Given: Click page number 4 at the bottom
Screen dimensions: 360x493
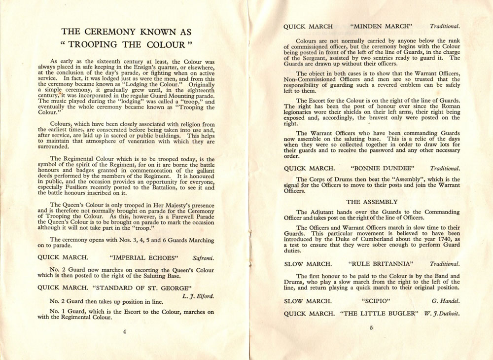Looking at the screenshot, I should pos(125,331).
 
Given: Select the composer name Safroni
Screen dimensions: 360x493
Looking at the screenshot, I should pos(203,257).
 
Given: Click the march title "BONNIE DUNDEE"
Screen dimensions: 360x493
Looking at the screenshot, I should pos(381,168).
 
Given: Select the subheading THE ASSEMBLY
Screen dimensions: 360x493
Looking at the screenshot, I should pos(372,202).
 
